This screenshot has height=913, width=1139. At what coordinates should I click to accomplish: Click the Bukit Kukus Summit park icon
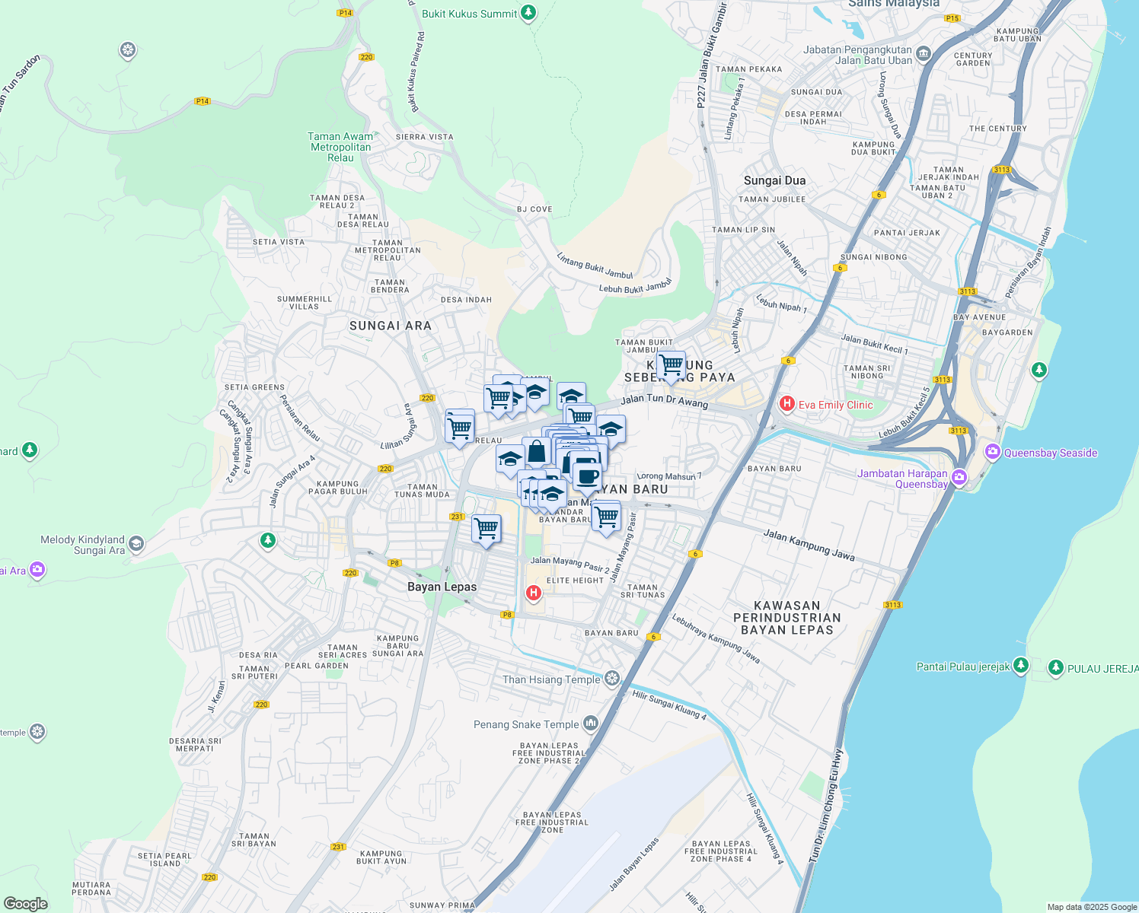tap(528, 13)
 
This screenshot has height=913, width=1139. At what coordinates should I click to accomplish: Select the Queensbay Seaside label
tap(1050, 453)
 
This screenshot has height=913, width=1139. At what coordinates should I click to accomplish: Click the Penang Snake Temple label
tap(526, 724)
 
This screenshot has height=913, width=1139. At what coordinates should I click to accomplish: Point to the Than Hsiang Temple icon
tap(612, 679)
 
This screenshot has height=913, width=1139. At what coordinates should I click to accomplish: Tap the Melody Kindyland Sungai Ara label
tap(82, 545)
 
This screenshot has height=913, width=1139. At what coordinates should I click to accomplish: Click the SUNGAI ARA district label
tap(390, 326)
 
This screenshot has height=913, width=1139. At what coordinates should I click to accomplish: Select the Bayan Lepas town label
tap(442, 587)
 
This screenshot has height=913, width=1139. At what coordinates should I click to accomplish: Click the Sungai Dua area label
tap(774, 180)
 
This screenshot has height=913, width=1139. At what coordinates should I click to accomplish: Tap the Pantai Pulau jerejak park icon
tap(1020, 666)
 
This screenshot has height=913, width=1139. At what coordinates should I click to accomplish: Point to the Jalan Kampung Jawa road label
tap(809, 546)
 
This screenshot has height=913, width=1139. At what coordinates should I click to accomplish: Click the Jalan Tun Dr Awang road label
tap(664, 400)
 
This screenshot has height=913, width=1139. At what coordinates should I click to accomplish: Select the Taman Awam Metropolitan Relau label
tap(340, 147)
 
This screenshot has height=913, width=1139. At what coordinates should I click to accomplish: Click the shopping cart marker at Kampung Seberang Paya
tap(671, 365)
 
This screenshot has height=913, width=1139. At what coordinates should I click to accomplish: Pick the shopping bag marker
tap(536, 452)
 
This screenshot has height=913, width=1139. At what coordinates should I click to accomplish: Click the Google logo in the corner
tap(26, 903)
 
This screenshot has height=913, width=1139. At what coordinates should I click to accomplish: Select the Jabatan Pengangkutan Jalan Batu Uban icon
tap(924, 53)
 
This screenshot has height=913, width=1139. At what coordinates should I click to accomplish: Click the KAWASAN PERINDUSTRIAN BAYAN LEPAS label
tap(786, 618)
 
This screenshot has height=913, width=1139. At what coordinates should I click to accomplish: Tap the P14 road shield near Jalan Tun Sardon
tap(202, 100)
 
